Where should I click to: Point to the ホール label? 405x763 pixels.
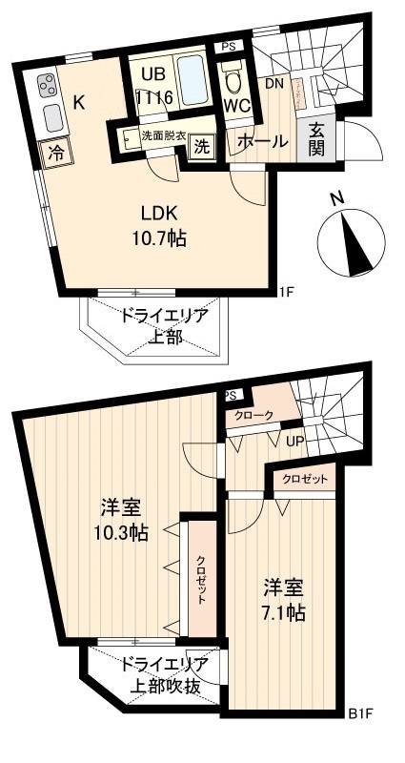tap(260, 141)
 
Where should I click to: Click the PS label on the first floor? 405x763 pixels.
tap(228, 47)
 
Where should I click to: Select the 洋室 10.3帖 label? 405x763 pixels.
tap(123, 519)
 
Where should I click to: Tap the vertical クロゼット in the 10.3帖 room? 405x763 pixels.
tap(201, 576)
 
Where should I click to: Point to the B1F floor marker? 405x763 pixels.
tap(359, 712)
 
